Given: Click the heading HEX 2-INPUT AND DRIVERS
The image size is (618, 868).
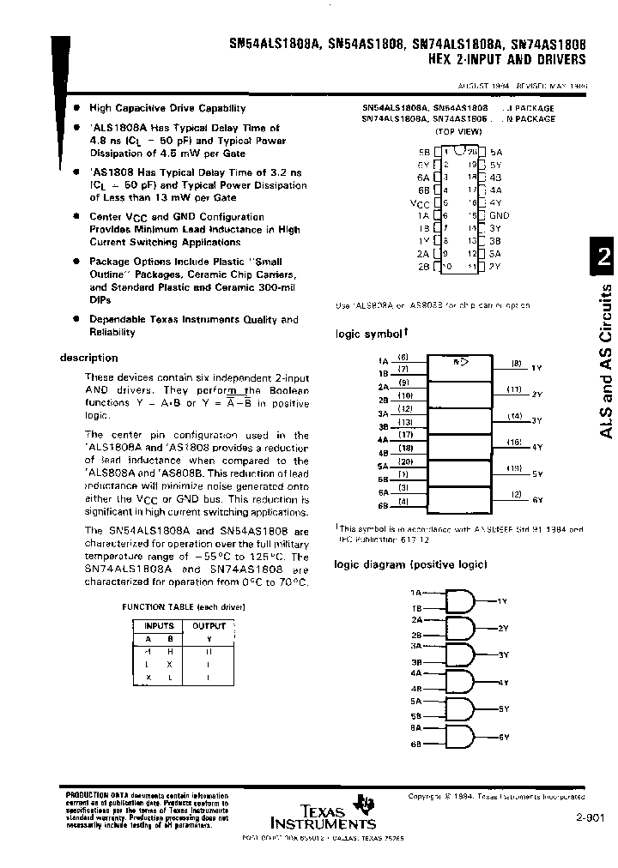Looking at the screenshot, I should (506, 60).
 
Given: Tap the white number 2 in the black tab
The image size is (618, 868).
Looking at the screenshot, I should (603, 260).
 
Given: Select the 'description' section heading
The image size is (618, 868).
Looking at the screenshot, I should (89, 358).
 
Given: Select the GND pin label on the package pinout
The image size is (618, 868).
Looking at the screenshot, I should (499, 216).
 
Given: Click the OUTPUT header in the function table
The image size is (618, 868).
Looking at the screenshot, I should (209, 626).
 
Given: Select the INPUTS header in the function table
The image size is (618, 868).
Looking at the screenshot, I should (158, 626).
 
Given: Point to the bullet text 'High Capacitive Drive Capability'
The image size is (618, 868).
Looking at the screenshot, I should (167, 108).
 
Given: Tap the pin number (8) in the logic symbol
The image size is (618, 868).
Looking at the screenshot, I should (517, 363).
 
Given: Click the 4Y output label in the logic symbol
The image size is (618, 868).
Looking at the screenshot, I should (537, 448).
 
